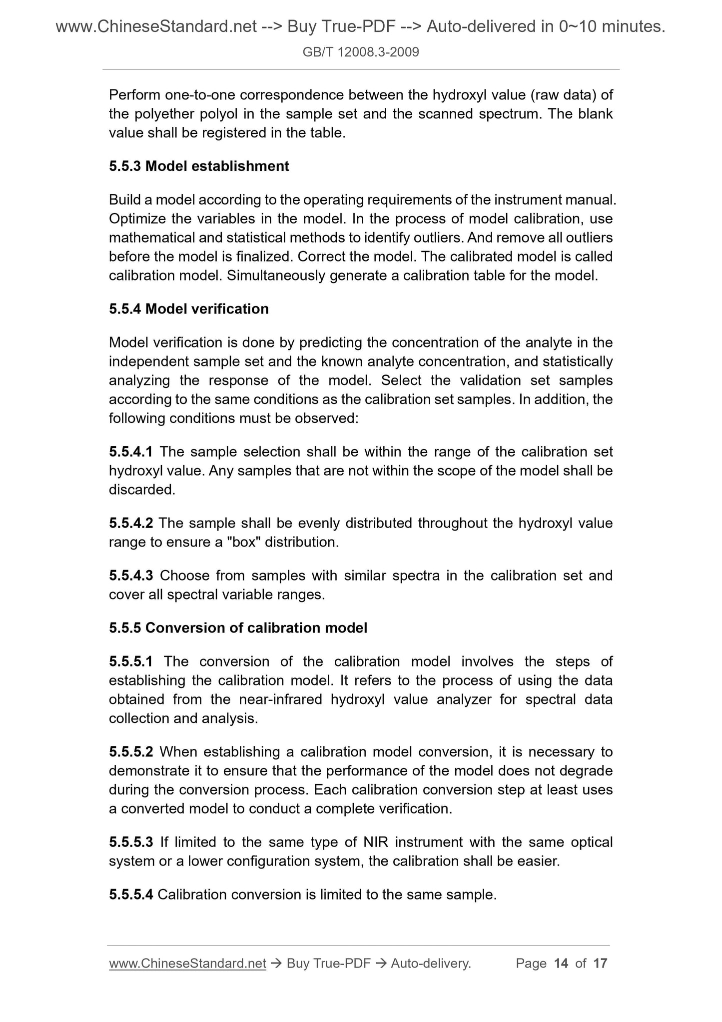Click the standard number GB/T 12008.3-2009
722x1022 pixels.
point(361,51)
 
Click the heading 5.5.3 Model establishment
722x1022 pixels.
point(199,166)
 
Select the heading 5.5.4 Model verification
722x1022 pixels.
point(189,309)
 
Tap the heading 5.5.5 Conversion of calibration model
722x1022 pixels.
point(238,628)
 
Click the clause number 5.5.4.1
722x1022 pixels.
point(130,452)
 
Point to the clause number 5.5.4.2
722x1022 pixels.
point(130,523)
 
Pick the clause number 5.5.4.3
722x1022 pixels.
point(130,576)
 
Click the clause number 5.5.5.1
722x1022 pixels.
point(130,662)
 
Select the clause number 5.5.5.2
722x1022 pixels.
point(130,752)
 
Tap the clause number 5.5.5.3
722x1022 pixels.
point(130,842)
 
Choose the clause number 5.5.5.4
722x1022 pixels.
point(130,894)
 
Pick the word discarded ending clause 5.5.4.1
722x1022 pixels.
point(142,490)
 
